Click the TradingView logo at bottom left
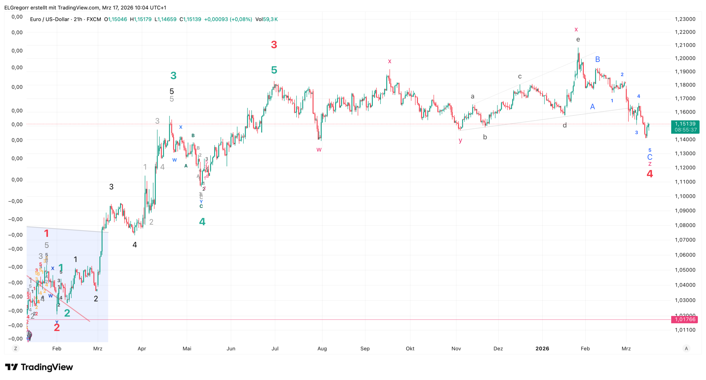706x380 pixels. [x=39, y=367]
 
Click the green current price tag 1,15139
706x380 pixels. [x=685, y=127]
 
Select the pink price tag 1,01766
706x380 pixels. [x=685, y=319]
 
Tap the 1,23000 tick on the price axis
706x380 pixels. [x=685, y=19]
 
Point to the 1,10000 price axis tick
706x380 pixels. [x=685, y=196]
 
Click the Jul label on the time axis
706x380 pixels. [x=275, y=348]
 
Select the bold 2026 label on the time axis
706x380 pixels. [x=542, y=348]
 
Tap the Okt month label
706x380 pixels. [x=410, y=348]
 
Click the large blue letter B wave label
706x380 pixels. [x=598, y=59]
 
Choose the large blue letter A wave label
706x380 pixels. [x=592, y=107]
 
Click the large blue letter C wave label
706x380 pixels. [x=650, y=157]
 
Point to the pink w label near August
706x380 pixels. [x=319, y=150]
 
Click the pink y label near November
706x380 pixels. [x=460, y=140]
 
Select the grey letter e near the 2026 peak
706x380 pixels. [x=578, y=40]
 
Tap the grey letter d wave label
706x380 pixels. [x=565, y=125]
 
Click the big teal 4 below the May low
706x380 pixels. [x=202, y=222]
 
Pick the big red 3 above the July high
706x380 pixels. [x=274, y=45]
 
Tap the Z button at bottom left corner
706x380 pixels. [x=16, y=348]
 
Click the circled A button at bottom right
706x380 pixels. [x=687, y=348]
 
